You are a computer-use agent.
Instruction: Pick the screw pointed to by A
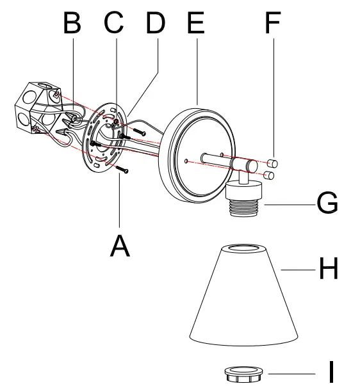[x=126, y=169]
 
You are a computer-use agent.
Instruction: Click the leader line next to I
[x=291, y=373]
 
